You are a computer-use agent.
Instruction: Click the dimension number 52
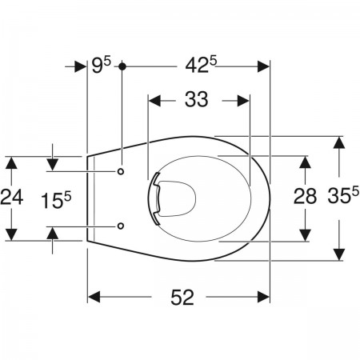click(182, 298)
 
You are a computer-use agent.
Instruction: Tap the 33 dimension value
click(197, 99)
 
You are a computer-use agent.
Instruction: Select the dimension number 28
click(305, 196)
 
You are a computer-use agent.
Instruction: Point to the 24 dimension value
click(12, 198)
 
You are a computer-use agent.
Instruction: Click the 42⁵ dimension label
click(202, 65)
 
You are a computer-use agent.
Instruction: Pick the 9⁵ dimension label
click(101, 65)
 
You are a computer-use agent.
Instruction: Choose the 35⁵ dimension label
click(343, 195)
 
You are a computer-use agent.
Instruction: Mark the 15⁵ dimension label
click(56, 200)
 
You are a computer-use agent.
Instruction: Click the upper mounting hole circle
click(121, 171)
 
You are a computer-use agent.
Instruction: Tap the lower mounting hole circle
click(121, 226)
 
